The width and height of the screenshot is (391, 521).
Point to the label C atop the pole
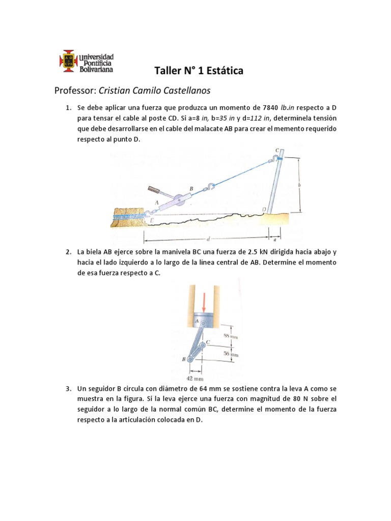click(276, 150)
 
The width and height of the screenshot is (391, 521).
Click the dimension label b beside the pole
click(300, 185)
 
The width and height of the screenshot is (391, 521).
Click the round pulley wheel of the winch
click(178, 201)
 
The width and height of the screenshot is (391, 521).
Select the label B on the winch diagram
click(191, 188)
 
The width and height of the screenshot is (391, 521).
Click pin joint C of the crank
click(203, 345)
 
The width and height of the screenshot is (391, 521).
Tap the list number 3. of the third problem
click(68, 389)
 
